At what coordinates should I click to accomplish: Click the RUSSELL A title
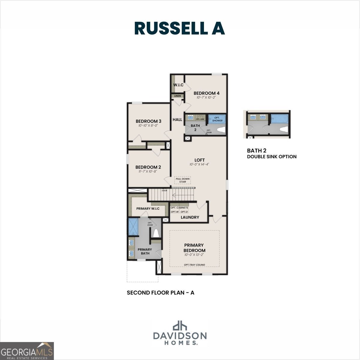(179, 28)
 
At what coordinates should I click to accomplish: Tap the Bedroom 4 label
(206, 93)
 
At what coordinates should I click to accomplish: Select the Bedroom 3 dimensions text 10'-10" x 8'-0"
(148, 126)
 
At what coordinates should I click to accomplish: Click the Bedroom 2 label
(148, 167)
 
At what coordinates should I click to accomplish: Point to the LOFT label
(199, 160)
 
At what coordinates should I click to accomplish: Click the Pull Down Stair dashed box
(183, 180)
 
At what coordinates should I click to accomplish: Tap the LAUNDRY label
(190, 217)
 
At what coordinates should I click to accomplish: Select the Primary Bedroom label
(194, 247)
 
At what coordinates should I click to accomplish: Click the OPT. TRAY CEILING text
(194, 265)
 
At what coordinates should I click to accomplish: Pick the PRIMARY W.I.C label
(148, 208)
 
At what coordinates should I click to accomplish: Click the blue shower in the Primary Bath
(133, 227)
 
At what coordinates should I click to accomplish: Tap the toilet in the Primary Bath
(156, 232)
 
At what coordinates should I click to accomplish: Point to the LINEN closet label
(178, 96)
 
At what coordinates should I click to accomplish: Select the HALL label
(177, 119)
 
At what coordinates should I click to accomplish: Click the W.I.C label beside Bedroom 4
(178, 85)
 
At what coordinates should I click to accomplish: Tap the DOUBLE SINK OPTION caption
(271, 156)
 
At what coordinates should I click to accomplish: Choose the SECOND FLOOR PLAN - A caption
(160, 292)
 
